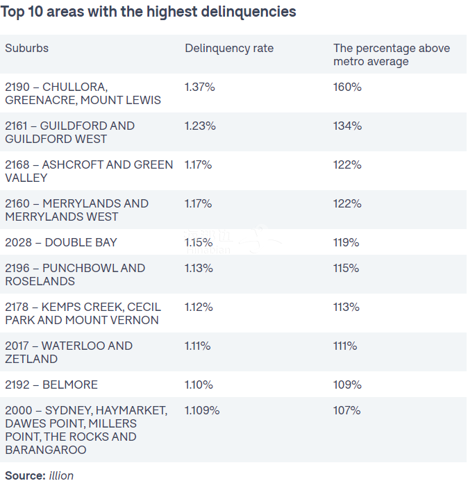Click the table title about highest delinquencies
coord(148,12)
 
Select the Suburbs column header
coord(26,49)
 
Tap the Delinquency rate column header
coord(229,49)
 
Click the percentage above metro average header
coord(392,55)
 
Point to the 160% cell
coord(347,87)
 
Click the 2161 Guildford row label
coord(69,133)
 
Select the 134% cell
coord(347,126)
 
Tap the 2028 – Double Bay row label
coord(61,243)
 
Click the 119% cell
coord(346,243)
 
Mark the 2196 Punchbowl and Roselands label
coord(75,275)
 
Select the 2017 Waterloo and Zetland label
coord(69,353)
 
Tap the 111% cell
coord(345,346)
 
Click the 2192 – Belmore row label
coord(51,385)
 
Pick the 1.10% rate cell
coord(199,385)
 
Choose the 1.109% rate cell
coord(202,411)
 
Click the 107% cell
coord(346,411)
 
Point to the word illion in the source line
coord(61,475)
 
